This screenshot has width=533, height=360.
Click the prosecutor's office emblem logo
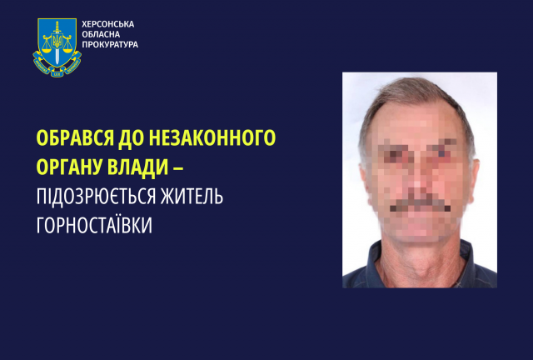(x=57, y=47)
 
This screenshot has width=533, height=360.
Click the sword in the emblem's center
(x=57, y=44)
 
